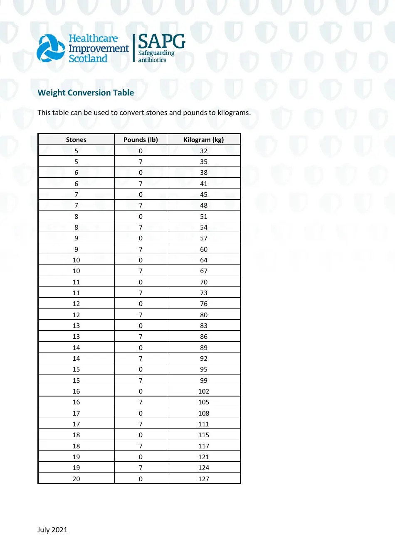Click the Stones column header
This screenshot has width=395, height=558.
76,139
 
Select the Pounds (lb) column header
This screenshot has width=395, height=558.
141,139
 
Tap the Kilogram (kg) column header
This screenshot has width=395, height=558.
203,139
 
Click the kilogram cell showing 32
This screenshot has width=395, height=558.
203,151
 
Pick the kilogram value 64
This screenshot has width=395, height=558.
203,260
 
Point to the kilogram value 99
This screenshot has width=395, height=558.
203,380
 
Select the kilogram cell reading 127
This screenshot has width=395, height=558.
203,479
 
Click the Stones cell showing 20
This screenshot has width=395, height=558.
76,479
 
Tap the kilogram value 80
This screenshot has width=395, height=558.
203,315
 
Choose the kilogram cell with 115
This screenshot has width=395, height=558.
203,435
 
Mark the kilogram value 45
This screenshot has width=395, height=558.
203,194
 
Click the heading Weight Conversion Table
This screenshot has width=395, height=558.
86,93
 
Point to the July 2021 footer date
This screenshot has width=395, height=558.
52,530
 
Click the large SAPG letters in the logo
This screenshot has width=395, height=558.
162,42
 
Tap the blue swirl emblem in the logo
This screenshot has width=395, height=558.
51,48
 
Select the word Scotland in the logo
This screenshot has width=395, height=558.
88,59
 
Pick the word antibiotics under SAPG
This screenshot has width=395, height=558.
152,60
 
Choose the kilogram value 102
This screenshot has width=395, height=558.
203,391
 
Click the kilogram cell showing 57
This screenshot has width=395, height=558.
203,238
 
